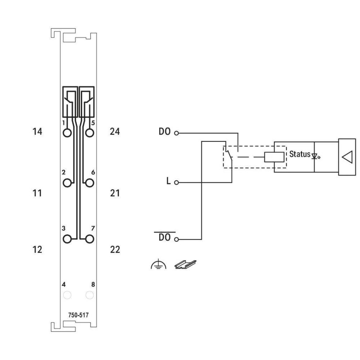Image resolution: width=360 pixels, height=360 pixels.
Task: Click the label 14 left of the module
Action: [x=37, y=132]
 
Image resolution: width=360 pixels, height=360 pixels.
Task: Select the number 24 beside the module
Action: [x=115, y=132]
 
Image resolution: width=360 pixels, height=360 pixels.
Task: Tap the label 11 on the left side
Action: [x=37, y=193]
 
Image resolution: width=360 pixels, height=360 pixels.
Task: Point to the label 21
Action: [x=115, y=193]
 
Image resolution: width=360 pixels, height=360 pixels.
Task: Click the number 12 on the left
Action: [x=37, y=249]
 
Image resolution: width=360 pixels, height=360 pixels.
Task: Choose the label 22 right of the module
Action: [x=115, y=249]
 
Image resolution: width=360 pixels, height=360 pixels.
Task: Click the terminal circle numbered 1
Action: [x=67, y=133]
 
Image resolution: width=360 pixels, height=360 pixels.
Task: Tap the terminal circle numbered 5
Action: [x=90, y=133]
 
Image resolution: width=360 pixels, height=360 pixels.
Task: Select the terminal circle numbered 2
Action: [x=67, y=183]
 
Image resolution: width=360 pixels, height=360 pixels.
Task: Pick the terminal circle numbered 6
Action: [x=90, y=183]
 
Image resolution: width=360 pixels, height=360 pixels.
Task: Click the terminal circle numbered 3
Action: [x=67, y=238]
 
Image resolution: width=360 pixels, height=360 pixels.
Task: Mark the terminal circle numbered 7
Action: [x=90, y=238]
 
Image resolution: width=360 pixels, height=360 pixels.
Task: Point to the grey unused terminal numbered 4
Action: [x=67, y=295]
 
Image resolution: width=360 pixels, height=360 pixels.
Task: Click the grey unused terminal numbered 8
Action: [x=90, y=295]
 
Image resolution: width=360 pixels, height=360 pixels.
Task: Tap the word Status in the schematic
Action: [x=300, y=154]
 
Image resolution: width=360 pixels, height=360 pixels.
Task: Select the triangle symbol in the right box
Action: [x=347, y=157]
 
